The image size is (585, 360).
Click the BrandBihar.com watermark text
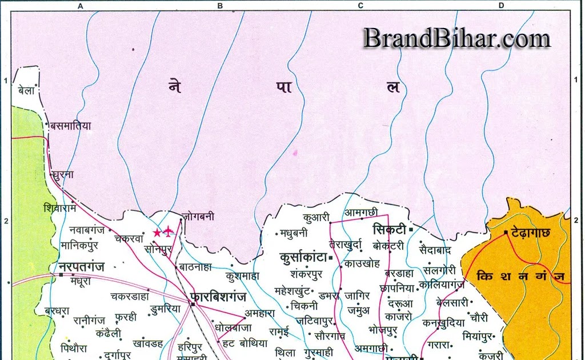click(456, 38)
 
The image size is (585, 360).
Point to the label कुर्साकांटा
click(302, 258)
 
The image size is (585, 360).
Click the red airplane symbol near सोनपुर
click(169, 231)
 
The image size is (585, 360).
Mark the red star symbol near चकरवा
click(157, 233)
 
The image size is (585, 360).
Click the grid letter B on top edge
click(219, 6)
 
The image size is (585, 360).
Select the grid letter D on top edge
click(501, 6)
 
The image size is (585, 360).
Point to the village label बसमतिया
click(71, 125)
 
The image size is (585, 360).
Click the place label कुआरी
click(316, 217)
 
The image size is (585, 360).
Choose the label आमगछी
click(360, 213)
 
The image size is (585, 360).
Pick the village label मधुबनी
click(295, 233)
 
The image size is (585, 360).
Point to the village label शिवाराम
click(59, 208)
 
